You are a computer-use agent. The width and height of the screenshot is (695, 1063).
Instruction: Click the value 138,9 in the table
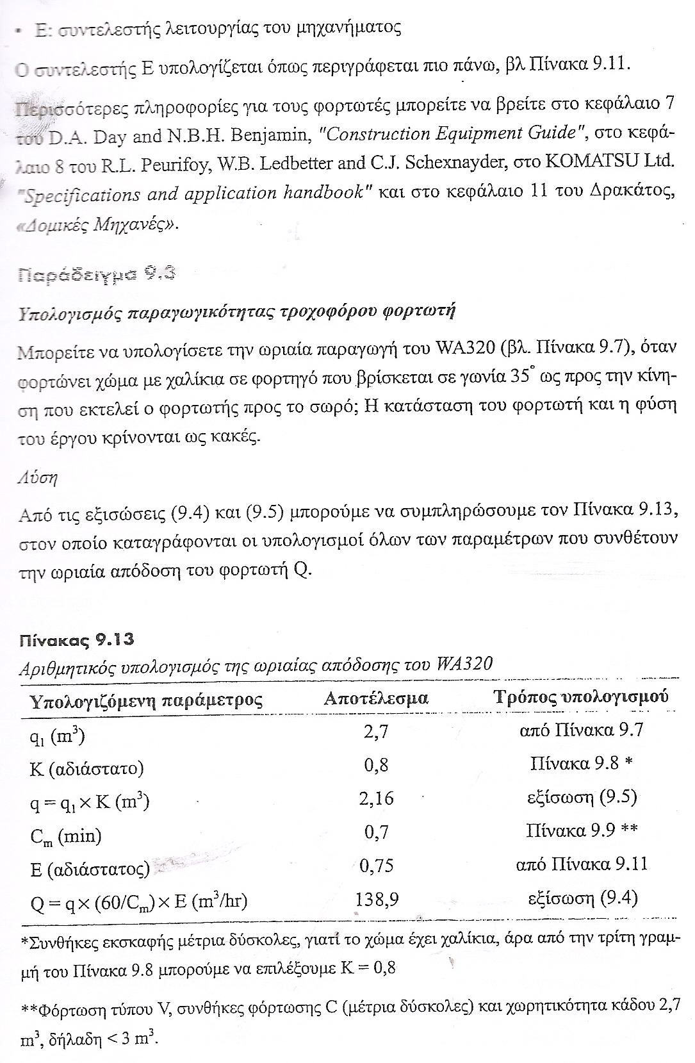[377, 900]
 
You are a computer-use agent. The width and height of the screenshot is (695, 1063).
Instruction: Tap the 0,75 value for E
[377, 866]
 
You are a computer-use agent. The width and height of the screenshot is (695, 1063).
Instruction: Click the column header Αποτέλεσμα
[376, 698]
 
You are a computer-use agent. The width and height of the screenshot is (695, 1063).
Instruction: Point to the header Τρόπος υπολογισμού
[581, 696]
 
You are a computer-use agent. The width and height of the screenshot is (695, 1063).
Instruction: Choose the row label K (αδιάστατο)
[86, 768]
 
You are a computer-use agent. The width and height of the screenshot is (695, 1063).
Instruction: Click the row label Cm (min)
[65, 836]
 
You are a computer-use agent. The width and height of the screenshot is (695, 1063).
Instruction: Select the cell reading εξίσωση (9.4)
[582, 898]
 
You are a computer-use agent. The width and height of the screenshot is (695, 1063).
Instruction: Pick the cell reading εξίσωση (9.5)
[582, 798]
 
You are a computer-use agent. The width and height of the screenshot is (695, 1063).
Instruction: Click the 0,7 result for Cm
[377, 832]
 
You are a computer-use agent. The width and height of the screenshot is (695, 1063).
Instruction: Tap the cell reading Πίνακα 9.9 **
[582, 831]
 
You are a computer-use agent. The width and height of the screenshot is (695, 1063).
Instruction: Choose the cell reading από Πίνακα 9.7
[581, 730]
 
